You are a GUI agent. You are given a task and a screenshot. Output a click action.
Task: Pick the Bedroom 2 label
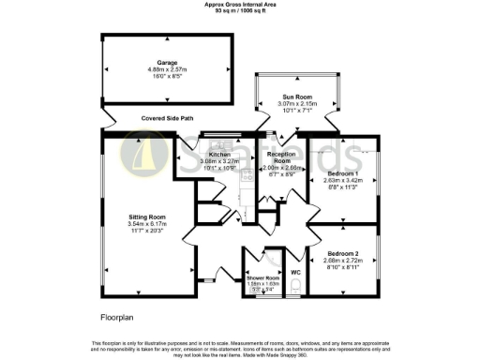[x=342, y=253]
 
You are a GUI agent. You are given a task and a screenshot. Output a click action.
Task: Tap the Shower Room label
[x=262, y=278]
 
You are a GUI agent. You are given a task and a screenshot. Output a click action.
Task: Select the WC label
[x=295, y=273]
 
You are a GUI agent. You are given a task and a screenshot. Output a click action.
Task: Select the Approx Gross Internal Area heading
[x=240, y=4]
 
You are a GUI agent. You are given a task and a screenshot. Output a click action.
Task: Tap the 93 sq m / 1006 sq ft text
[x=240, y=10]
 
